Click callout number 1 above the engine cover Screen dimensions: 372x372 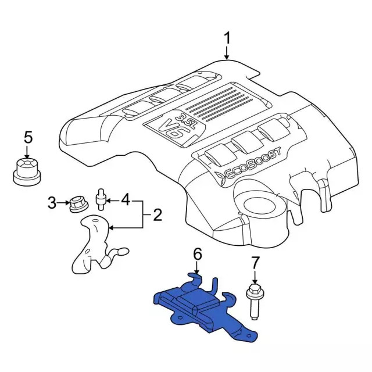pos(227,38)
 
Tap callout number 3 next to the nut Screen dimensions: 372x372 pos(52,203)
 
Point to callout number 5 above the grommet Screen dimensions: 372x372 pos(28,138)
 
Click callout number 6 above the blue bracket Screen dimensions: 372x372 pos(197,253)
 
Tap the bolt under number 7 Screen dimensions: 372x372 pos(253,299)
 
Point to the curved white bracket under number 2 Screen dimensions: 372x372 pos(93,244)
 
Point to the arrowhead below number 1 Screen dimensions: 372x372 pos(227,58)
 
